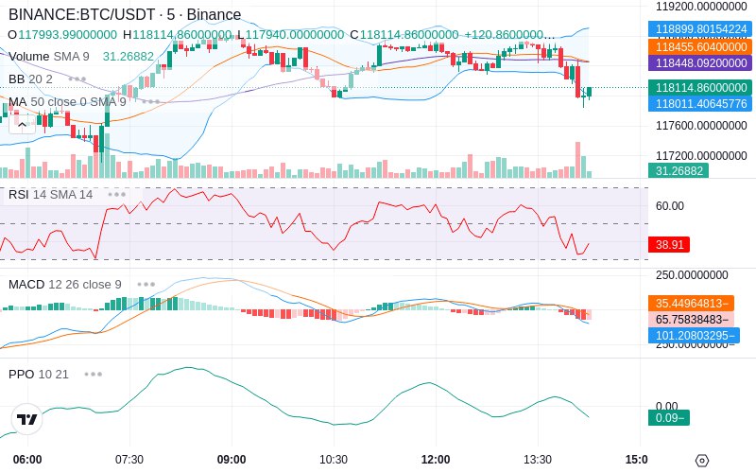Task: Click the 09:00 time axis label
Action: point(232,460)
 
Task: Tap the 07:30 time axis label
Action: point(129,460)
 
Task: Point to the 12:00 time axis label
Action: point(436,460)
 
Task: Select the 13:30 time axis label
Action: point(537,460)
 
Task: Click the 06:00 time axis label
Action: point(27,460)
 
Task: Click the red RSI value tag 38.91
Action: point(669,244)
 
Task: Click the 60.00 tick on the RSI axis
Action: point(669,205)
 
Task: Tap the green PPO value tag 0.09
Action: point(668,417)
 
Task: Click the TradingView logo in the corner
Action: point(27,419)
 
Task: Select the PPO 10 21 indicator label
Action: point(39,374)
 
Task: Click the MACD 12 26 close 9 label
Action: point(64,284)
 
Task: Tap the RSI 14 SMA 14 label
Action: point(50,194)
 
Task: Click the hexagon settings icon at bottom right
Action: point(701,461)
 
